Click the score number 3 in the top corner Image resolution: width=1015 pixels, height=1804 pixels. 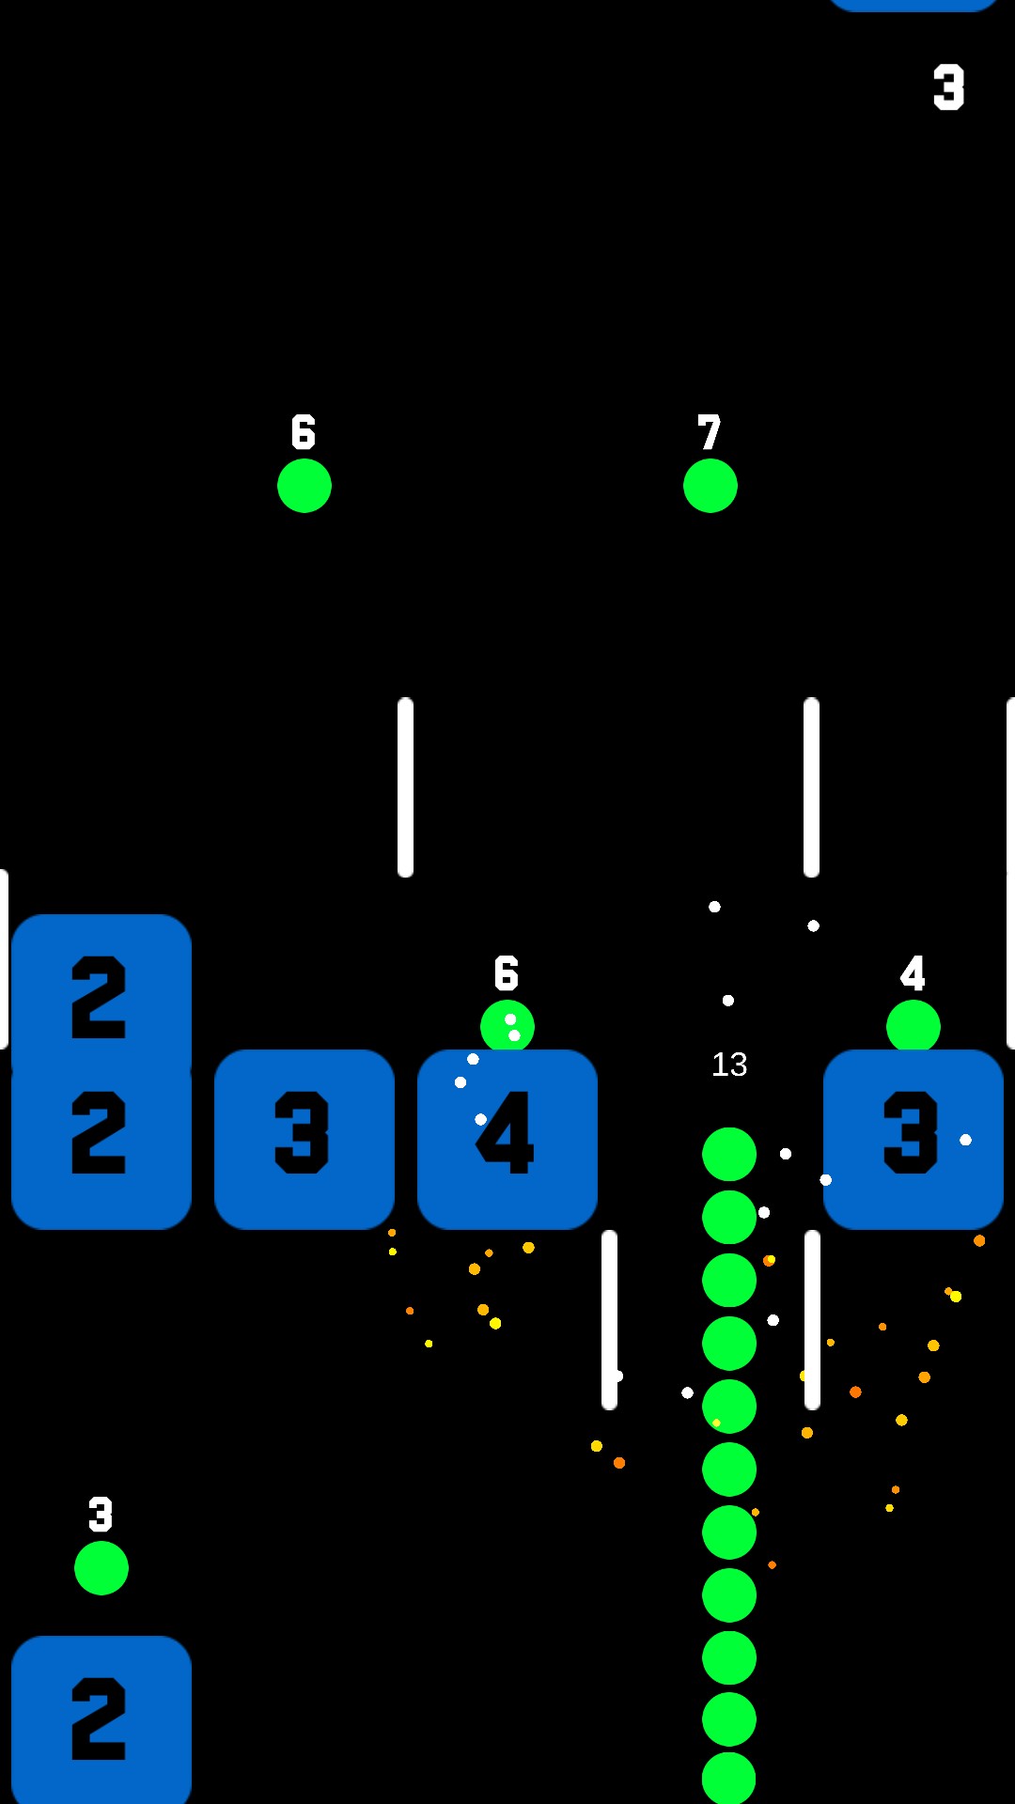click(x=948, y=87)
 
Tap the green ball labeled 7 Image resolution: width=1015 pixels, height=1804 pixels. click(x=710, y=486)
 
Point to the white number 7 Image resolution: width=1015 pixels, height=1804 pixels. click(x=710, y=433)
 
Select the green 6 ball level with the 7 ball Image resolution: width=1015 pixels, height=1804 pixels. click(x=304, y=486)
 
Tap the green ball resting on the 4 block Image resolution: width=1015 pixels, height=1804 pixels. click(x=507, y=1026)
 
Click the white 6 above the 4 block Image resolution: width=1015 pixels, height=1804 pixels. click(x=507, y=973)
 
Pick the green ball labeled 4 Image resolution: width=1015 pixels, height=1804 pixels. click(x=913, y=1026)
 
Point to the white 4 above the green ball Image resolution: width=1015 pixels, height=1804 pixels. click(x=913, y=973)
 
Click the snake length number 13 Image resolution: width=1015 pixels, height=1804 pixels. click(x=729, y=1065)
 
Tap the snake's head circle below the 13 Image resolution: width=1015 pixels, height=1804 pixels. click(x=729, y=1154)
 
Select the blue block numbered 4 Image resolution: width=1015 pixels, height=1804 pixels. click(x=507, y=1139)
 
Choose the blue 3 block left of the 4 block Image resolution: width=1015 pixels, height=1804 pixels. click(x=304, y=1139)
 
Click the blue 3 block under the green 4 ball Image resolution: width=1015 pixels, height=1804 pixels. click(x=913, y=1139)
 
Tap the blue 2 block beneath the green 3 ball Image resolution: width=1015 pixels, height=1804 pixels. click(x=101, y=1719)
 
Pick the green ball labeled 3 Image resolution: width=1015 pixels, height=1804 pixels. click(x=101, y=1568)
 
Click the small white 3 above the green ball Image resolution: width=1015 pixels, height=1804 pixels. click(x=101, y=1515)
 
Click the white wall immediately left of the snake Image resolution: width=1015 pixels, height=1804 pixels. click(x=610, y=1319)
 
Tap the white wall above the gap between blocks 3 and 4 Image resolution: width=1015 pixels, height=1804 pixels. click(x=406, y=787)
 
